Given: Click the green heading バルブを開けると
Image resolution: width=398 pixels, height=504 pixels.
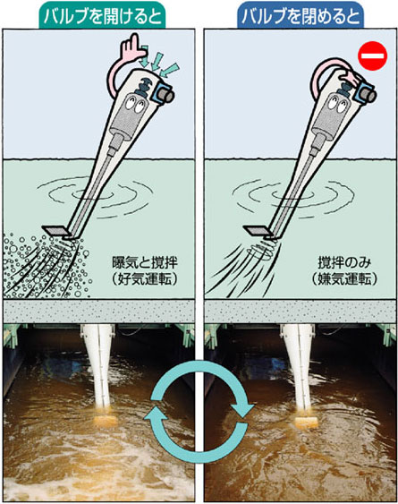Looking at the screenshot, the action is pyautogui.click(x=103, y=16).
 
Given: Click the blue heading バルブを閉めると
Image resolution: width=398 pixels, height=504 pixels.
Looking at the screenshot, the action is pyautogui.click(x=301, y=16).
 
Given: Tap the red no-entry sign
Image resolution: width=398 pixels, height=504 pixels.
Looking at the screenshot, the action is pyautogui.click(x=373, y=56).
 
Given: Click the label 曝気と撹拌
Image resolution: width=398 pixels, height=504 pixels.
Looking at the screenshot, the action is pyautogui.click(x=144, y=263).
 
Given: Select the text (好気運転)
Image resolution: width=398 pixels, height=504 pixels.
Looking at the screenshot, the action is pyautogui.click(x=144, y=279).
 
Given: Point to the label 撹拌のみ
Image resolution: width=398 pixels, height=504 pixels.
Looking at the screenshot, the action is pyautogui.click(x=344, y=263).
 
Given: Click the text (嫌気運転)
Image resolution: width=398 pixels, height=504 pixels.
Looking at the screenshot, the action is pyautogui.click(x=344, y=279).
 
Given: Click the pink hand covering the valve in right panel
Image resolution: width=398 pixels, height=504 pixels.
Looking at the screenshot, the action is pyautogui.click(x=348, y=78).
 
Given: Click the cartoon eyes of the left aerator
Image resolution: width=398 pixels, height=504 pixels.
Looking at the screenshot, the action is pyautogui.click(x=134, y=104).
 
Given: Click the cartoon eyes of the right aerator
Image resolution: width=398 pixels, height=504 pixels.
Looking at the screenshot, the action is pyautogui.click(x=336, y=104).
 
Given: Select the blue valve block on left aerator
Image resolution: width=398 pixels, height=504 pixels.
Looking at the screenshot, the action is pyautogui.click(x=163, y=93).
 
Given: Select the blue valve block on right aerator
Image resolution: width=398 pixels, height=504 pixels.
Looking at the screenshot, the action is pyautogui.click(x=365, y=93).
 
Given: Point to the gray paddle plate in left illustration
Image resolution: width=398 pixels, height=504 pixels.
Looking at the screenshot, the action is pyautogui.click(x=56, y=230).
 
